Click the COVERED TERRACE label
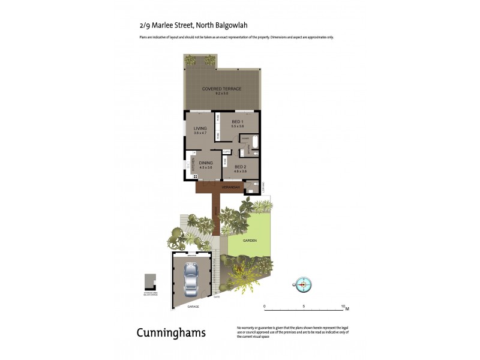coord(221,89)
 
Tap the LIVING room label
coord(200,128)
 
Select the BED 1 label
coord(238,122)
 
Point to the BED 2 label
coord(240,167)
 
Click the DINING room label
coord(206,163)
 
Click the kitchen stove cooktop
coord(194,176)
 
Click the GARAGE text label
coord(193,306)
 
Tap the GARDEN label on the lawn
coord(250,240)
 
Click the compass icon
coord(304,284)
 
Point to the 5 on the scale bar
coord(304,305)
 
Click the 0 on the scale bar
coord(265,305)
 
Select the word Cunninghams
coord(171,332)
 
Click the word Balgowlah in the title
coord(231,25)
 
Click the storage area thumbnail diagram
coord(150,281)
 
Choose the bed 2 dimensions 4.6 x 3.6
coord(240,172)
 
